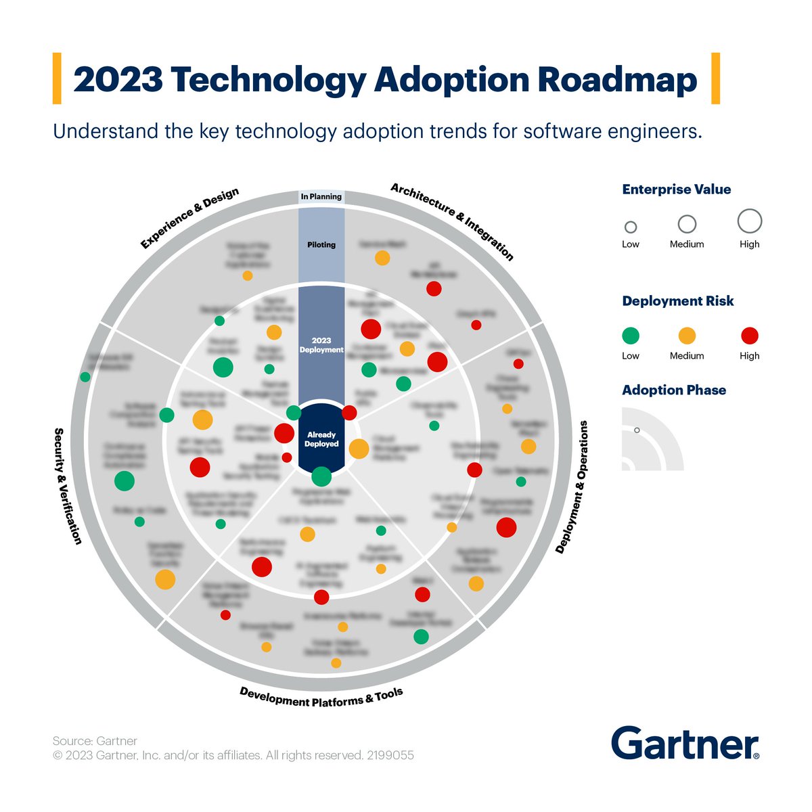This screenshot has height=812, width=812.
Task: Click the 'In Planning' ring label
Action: click(x=321, y=197)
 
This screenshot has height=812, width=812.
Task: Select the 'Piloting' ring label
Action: click(x=321, y=245)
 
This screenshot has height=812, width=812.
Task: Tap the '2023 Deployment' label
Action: click(x=321, y=345)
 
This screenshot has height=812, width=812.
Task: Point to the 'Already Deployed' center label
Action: click(x=321, y=439)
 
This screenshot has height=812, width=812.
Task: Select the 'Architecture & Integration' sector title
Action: click(x=452, y=221)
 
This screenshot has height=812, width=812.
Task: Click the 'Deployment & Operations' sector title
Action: click(x=572, y=487)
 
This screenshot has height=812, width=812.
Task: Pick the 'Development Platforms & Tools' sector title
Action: click(x=321, y=698)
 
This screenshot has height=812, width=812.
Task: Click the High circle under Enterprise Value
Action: click(x=749, y=221)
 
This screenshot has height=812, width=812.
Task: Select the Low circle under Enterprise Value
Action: click(x=630, y=227)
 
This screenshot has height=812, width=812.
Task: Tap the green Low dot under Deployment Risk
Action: click(x=630, y=336)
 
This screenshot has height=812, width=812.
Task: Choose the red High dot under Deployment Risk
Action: click(x=749, y=336)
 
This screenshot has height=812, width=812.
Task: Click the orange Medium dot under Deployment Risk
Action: click(x=687, y=336)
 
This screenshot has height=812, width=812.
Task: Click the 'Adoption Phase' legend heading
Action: click(x=673, y=390)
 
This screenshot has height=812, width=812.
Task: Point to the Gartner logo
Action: click(x=685, y=744)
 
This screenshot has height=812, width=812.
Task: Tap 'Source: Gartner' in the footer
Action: click(x=95, y=741)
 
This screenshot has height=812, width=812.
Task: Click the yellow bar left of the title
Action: click(x=57, y=78)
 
